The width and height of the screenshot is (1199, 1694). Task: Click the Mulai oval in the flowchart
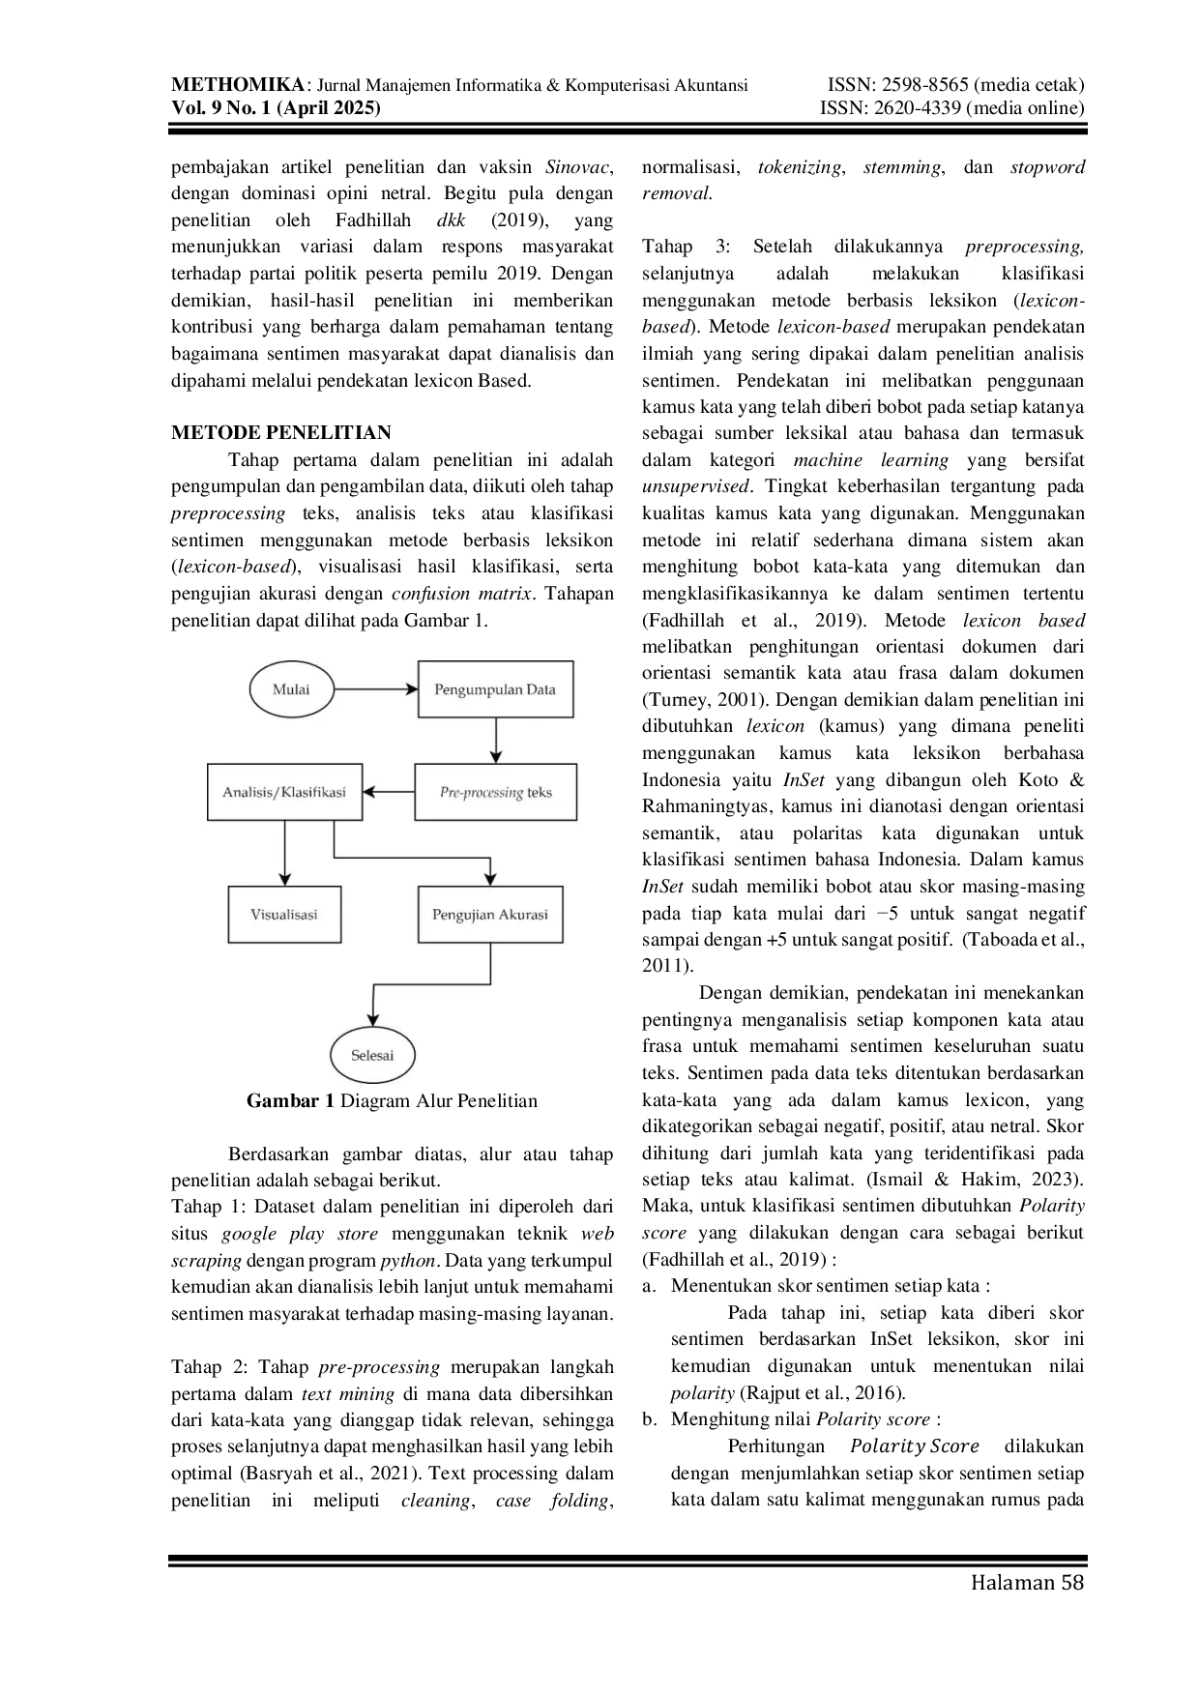pyautogui.click(x=291, y=689)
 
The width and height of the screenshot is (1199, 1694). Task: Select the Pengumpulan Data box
pyautogui.click(x=495, y=689)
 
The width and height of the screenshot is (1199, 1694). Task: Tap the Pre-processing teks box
pyautogui.click(x=495, y=792)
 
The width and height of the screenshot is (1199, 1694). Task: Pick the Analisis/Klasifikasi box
pyautogui.click(x=284, y=792)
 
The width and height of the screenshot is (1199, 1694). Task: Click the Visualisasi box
pyautogui.click(x=284, y=914)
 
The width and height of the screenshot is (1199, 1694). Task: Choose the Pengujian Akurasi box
pyautogui.click(x=490, y=914)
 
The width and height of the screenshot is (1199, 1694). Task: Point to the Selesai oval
pyautogui.click(x=372, y=1055)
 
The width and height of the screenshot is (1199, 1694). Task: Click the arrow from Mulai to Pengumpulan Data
pyautogui.click(x=375, y=689)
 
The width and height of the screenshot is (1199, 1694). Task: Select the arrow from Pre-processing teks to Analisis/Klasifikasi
pyautogui.click(x=389, y=792)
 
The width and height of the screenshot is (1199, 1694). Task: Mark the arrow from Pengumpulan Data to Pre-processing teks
pyautogui.click(x=495, y=741)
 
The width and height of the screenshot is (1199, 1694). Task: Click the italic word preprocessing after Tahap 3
pyautogui.click(x=1024, y=248)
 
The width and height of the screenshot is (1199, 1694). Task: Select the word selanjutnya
pyautogui.click(x=687, y=275)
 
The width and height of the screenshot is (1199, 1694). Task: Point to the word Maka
pyautogui.click(x=662, y=1206)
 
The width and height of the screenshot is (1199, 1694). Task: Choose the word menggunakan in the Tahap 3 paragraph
pyautogui.click(x=698, y=301)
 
